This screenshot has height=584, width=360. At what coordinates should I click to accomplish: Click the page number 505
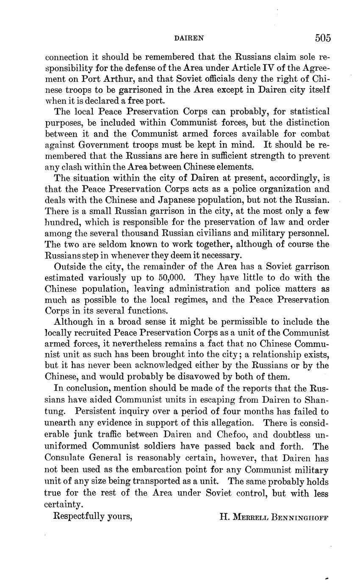pyautogui.click(x=322, y=38)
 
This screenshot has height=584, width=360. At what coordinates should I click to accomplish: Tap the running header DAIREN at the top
pyautogui.click(x=189, y=39)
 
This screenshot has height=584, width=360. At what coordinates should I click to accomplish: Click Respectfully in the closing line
pyautogui.click(x=78, y=516)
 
